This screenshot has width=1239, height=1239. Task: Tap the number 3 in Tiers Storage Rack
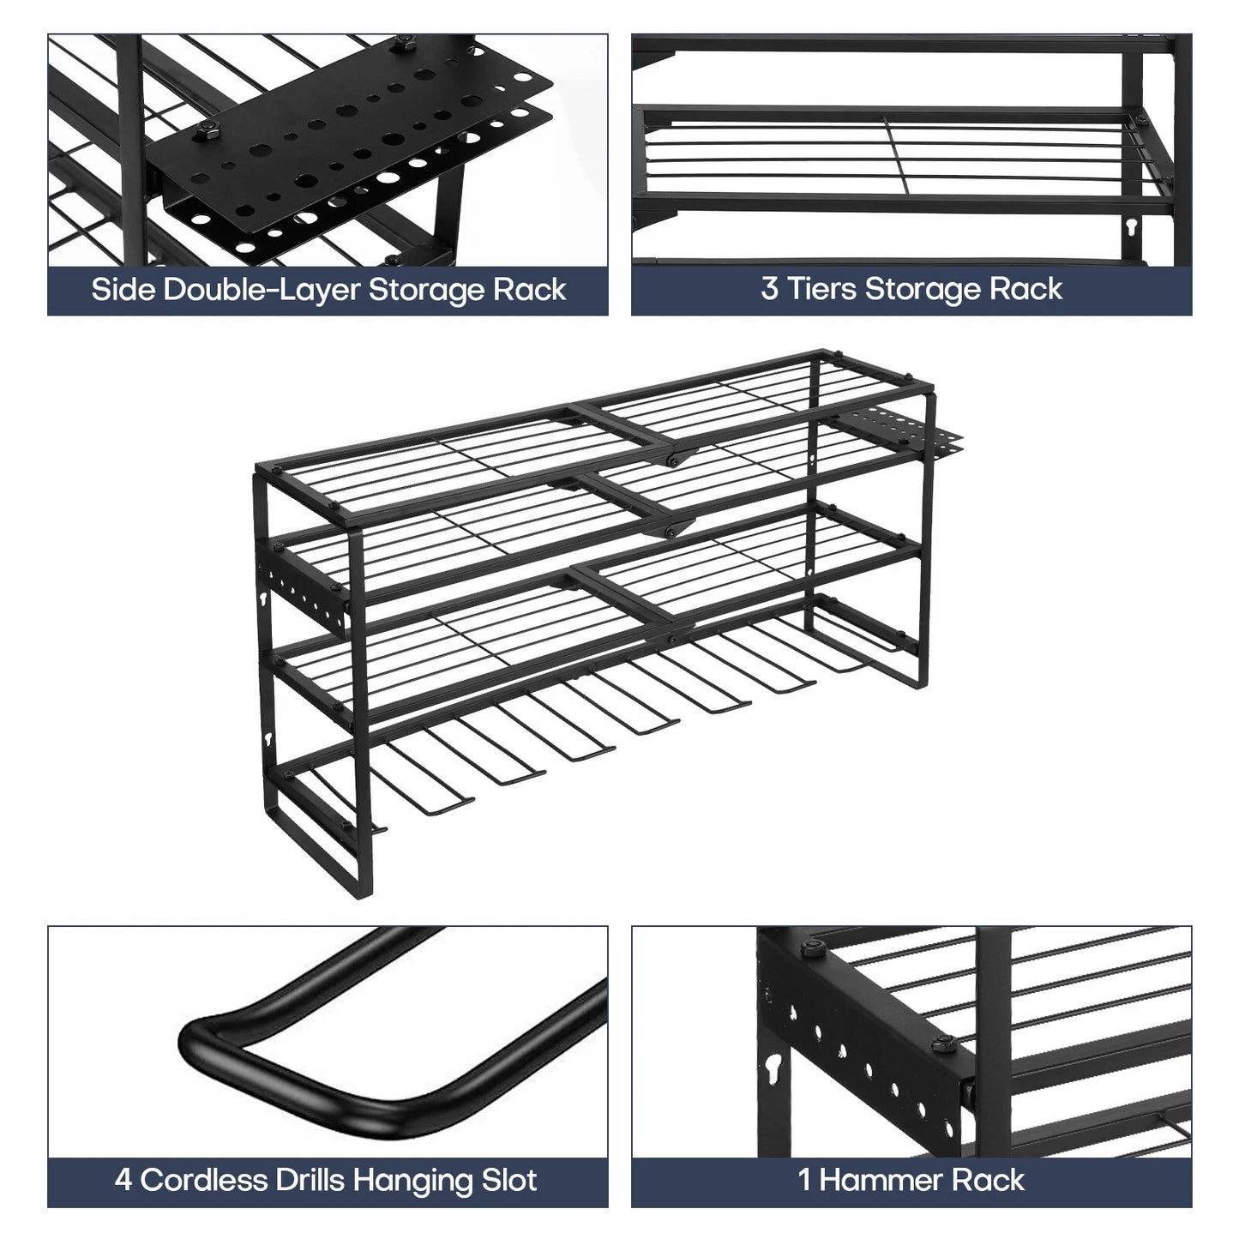[769, 288]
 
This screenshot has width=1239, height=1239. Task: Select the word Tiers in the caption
[821, 288]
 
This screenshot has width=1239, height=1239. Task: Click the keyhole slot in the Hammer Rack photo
[773, 1068]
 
